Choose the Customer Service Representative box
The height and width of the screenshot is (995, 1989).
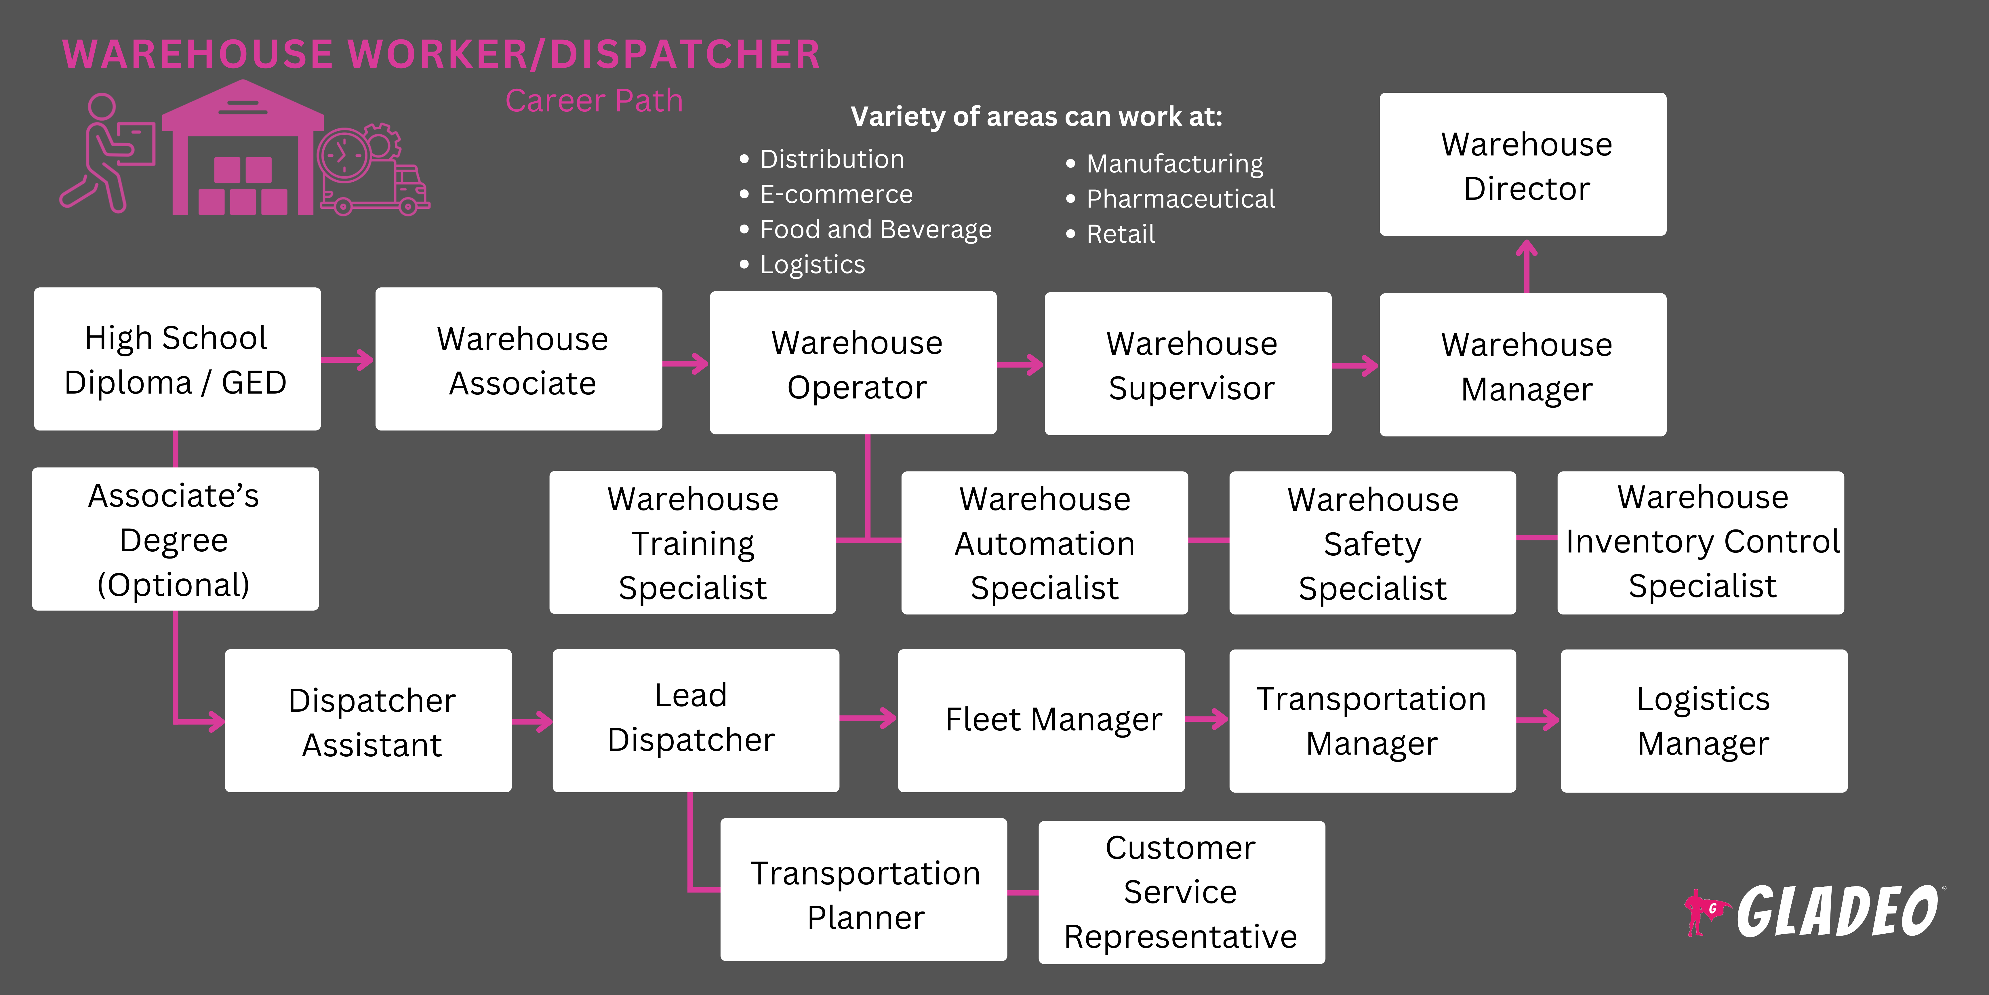pos(1181,892)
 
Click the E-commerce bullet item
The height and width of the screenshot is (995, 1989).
pos(835,195)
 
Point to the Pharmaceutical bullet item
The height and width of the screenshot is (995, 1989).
pos(1180,199)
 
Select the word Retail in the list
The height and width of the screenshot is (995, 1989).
pos(1120,234)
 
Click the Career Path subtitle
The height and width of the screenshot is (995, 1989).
pos(594,101)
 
